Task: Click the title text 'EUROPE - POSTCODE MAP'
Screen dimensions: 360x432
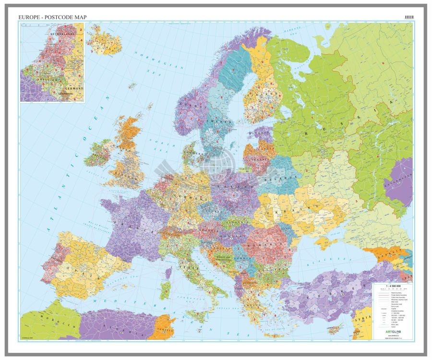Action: point(52,17)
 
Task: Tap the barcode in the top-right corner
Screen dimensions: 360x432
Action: point(408,17)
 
